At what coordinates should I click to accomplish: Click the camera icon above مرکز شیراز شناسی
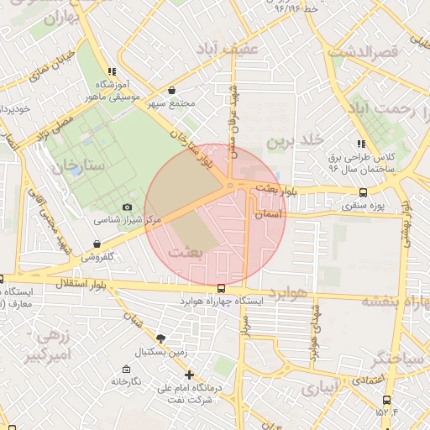(x=127, y=207)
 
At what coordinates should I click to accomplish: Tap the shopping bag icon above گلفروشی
(x=98, y=244)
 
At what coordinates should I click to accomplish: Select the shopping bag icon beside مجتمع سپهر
(x=172, y=90)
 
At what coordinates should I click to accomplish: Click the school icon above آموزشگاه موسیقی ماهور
(x=111, y=72)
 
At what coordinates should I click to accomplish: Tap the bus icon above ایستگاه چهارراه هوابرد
(x=221, y=287)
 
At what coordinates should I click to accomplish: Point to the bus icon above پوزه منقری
(x=363, y=192)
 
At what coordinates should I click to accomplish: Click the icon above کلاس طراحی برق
(x=362, y=144)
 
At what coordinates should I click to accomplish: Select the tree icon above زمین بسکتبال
(x=160, y=338)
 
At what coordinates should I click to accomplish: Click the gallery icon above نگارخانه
(x=126, y=369)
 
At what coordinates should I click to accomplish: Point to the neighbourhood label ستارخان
(x=77, y=165)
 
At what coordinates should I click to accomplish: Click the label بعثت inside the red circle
(x=186, y=251)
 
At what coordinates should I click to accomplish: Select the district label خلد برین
(x=295, y=141)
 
